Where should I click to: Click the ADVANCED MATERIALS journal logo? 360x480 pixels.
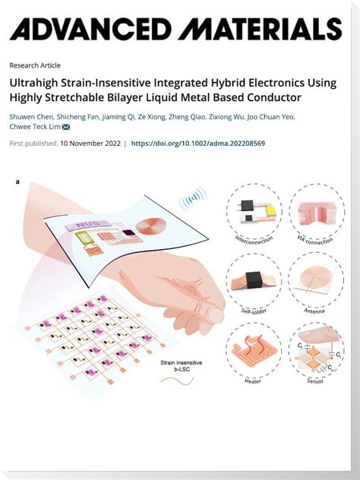click(175, 30)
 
